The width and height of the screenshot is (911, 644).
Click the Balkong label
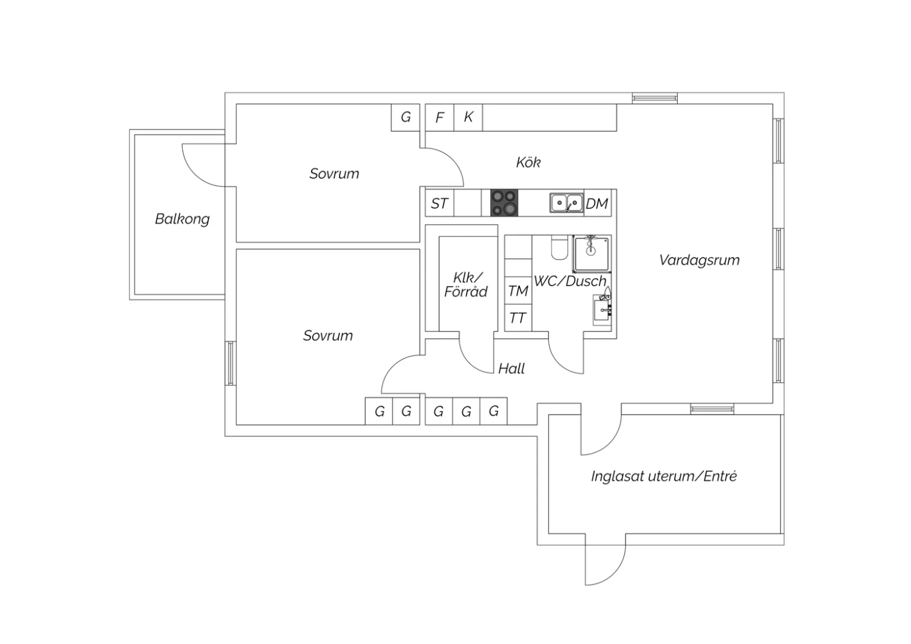click(182, 219)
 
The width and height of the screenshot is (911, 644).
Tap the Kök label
click(528, 162)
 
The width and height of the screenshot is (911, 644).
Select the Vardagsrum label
click(699, 260)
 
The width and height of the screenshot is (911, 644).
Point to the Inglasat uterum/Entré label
click(663, 476)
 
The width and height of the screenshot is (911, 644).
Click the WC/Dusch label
click(570, 281)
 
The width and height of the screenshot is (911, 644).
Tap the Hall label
click(511, 368)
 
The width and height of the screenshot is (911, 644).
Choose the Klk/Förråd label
click(466, 284)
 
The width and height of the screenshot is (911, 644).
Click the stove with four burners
click(504, 203)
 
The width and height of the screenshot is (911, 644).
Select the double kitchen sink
click(566, 203)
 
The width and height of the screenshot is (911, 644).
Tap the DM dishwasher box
click(597, 204)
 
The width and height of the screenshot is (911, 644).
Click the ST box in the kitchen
click(439, 204)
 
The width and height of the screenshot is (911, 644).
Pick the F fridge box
click(439, 117)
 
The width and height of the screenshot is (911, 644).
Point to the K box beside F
click(468, 117)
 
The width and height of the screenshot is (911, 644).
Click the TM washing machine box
click(518, 291)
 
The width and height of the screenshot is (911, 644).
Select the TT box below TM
click(517, 318)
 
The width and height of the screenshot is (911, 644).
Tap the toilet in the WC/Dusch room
click(558, 246)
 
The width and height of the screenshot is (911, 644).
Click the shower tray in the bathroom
click(591, 253)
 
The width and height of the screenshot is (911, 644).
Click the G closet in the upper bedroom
click(406, 117)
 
